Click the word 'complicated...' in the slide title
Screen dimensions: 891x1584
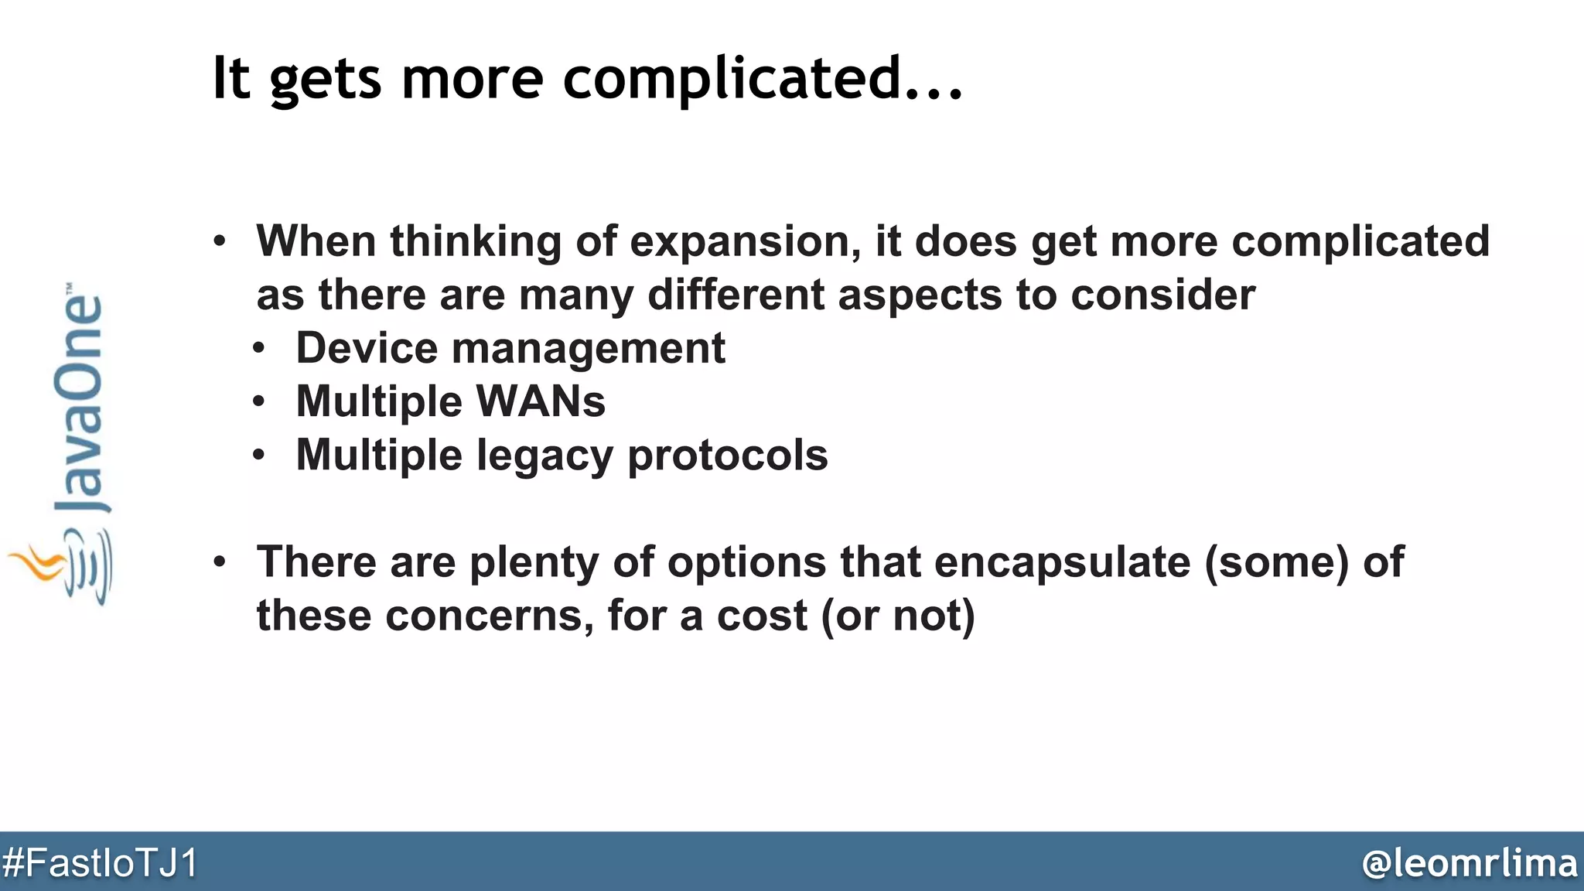[762, 79]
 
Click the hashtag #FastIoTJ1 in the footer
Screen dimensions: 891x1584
[101, 862]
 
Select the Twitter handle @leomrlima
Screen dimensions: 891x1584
[1470, 862]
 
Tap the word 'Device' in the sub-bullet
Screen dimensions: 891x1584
[367, 348]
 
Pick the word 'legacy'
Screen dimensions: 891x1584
[544, 456]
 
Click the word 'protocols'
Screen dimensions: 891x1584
[727, 456]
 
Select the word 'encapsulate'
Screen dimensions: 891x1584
[1062, 562]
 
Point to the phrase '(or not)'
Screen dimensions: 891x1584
[897, 616]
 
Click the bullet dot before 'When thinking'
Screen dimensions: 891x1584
[220, 241]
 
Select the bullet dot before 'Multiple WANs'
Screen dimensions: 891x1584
[259, 401]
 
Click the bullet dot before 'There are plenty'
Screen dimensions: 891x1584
[220, 562]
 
